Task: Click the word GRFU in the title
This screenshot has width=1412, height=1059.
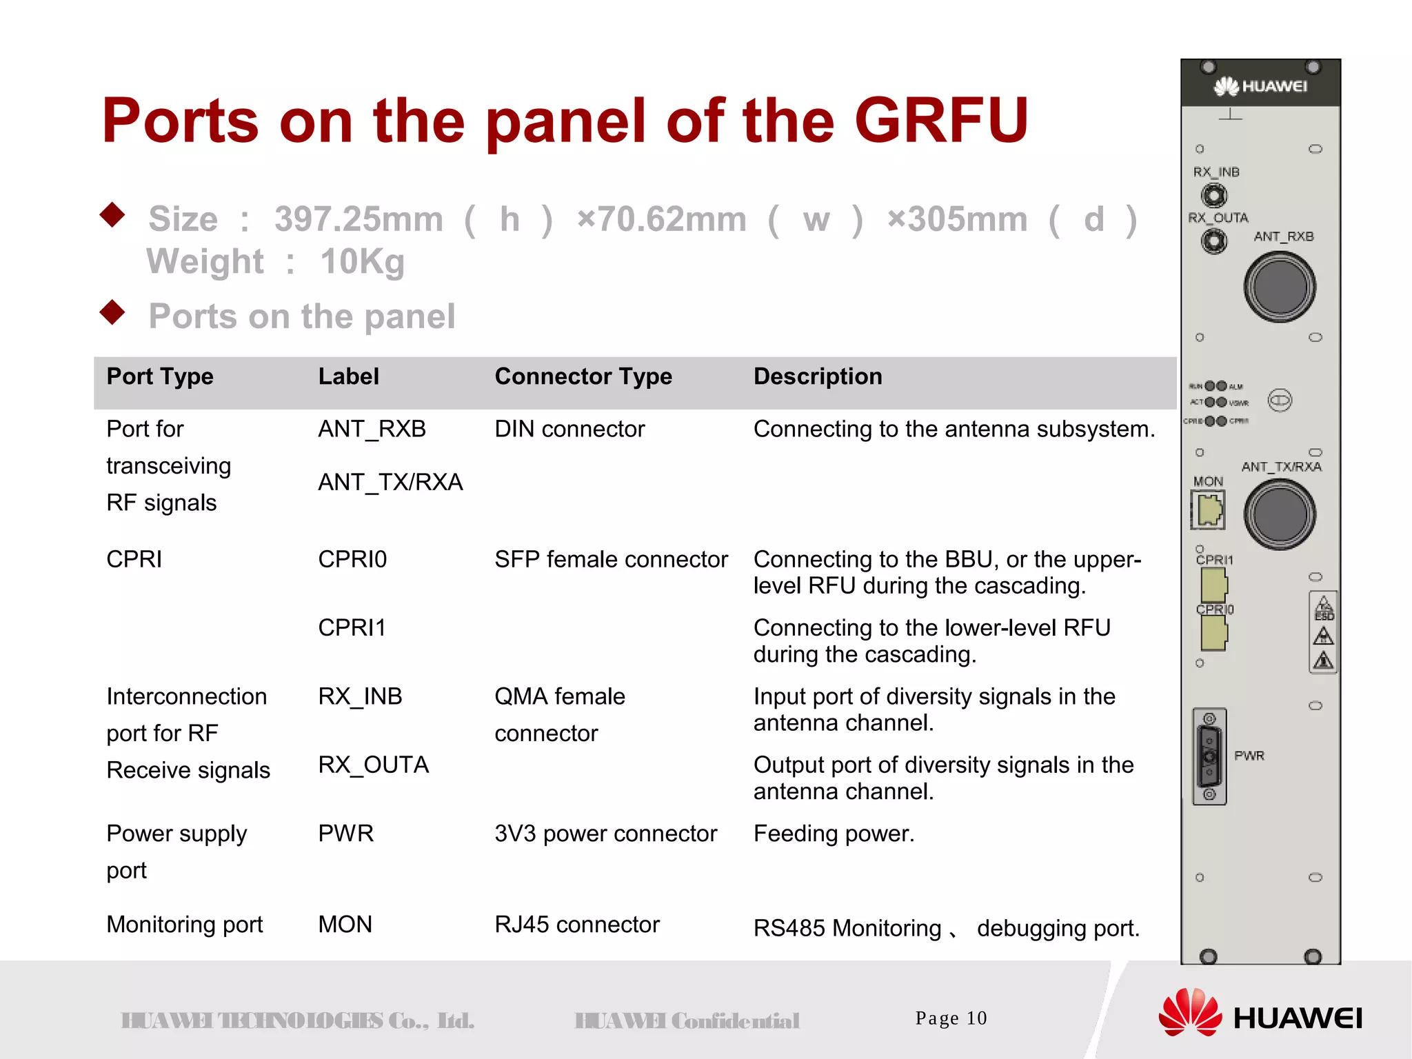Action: point(941,121)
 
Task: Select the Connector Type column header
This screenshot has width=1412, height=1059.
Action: point(583,376)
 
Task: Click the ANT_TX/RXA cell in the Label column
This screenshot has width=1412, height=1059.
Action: point(390,482)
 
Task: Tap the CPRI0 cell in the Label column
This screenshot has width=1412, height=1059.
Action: point(352,559)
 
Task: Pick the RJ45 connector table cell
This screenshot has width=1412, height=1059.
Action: point(577,925)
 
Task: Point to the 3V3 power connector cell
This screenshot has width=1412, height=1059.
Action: point(605,834)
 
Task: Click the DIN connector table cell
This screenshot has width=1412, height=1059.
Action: point(569,429)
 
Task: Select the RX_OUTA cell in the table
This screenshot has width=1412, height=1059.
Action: point(373,765)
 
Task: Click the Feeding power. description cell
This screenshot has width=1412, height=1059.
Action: point(834,834)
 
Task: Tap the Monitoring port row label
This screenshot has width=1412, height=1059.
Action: point(185,925)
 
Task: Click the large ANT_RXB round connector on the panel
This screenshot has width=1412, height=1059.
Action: point(1280,287)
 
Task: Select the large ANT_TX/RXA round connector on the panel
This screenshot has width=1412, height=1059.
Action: point(1280,514)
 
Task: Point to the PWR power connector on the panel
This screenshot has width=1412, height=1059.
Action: point(1209,756)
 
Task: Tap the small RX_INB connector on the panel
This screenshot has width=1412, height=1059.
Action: point(1214,196)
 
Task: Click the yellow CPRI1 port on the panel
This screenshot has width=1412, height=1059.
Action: point(1214,585)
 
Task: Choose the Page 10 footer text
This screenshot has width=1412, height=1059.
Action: point(951,1018)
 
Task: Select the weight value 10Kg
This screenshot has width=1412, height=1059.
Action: point(362,262)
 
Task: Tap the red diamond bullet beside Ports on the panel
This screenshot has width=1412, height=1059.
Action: point(112,312)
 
